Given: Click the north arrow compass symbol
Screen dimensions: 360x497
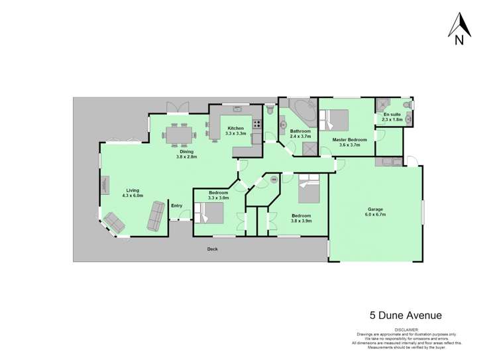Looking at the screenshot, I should coord(459,29).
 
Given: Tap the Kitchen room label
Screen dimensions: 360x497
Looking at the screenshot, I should coord(235,128).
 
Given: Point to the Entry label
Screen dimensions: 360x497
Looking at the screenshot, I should coord(176,206).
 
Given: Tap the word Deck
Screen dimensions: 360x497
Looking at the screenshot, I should coord(212,249).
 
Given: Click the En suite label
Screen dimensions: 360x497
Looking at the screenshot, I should coord(392,114).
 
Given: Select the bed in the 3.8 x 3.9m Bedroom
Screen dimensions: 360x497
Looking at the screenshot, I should coord(309,191).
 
